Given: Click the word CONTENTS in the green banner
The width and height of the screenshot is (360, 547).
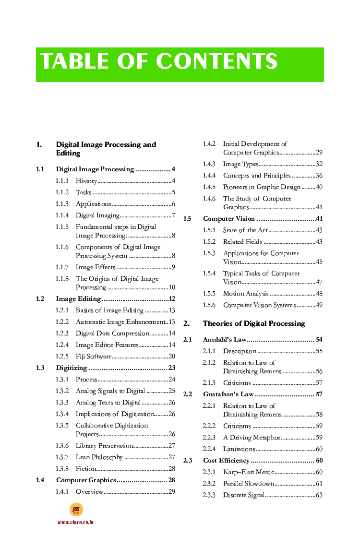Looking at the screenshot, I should coord(217,62).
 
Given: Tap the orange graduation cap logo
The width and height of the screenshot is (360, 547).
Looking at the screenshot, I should coord(76,510).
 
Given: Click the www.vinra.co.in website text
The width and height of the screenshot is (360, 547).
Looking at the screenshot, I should coord(76,522).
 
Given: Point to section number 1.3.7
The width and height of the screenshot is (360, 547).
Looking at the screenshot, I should coord(62,457).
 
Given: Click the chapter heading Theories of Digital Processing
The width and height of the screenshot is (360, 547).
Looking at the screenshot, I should coord(254,323).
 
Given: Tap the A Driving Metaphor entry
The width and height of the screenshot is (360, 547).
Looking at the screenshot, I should coord(252,438).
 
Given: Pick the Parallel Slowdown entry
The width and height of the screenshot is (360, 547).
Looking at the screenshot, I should coord(248,484).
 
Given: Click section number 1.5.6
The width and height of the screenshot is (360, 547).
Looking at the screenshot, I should coord(209,305).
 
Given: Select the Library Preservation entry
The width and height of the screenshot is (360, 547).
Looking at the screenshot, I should coord(104,446).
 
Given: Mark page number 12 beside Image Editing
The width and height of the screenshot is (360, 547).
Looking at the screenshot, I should coord(172,299).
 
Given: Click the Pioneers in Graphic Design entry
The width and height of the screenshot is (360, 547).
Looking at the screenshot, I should coord(262,187).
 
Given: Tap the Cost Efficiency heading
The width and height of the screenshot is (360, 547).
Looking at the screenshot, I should coord(226,461).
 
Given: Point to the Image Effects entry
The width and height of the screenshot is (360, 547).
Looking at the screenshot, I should coord(96,267).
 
